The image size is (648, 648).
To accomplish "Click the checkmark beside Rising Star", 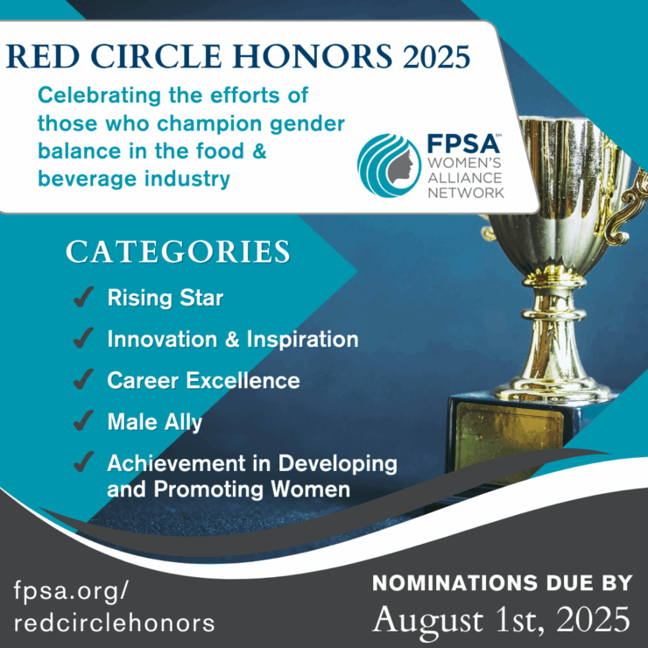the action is click(x=83, y=297).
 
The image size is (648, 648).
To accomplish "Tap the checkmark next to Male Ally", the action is click(x=83, y=421).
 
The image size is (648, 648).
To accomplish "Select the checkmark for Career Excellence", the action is click(x=83, y=380).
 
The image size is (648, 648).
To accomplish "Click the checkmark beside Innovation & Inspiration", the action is click(x=83, y=339).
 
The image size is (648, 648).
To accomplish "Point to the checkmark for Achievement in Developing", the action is click(x=83, y=462).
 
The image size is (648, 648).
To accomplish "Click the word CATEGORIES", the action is click(x=178, y=251).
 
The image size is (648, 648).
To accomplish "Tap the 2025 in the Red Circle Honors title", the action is click(x=436, y=57).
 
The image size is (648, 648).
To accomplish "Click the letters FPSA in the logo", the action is click(x=463, y=144).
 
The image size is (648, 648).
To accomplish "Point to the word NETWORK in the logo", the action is click(x=466, y=193).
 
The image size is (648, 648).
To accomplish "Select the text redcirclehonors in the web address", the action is click(x=115, y=623).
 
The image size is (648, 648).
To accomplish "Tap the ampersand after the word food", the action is click(x=258, y=151).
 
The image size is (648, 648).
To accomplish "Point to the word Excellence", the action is click(x=243, y=380).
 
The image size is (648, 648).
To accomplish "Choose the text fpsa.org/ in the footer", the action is click(x=72, y=591).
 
